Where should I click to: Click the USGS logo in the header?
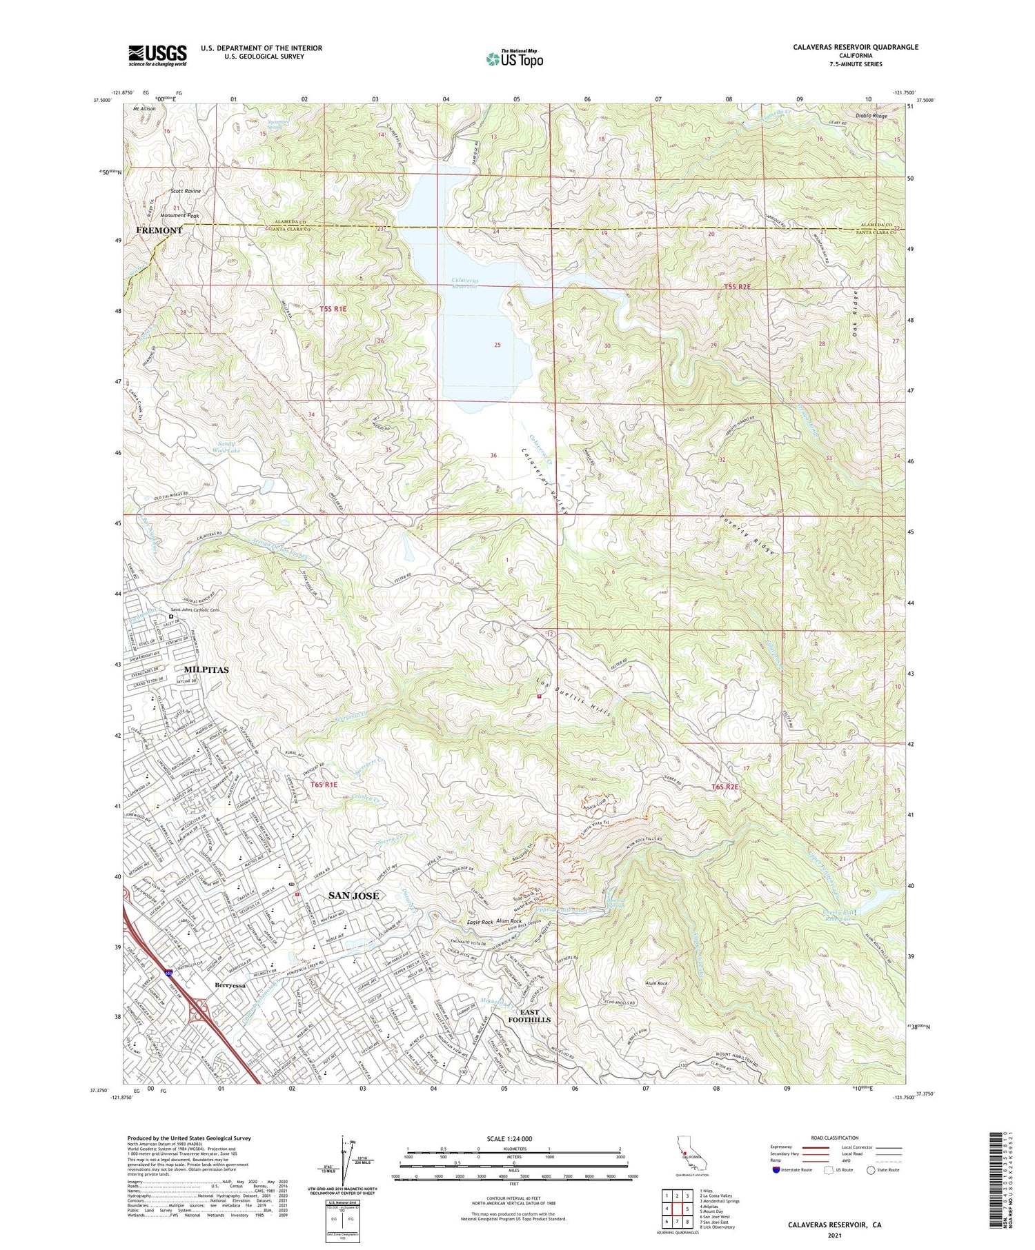pos(157,55)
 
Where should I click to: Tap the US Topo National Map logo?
pos(514,59)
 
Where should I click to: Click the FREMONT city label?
pos(159,230)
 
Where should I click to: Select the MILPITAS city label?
pos(206,669)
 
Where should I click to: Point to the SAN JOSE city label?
pos(353,896)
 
